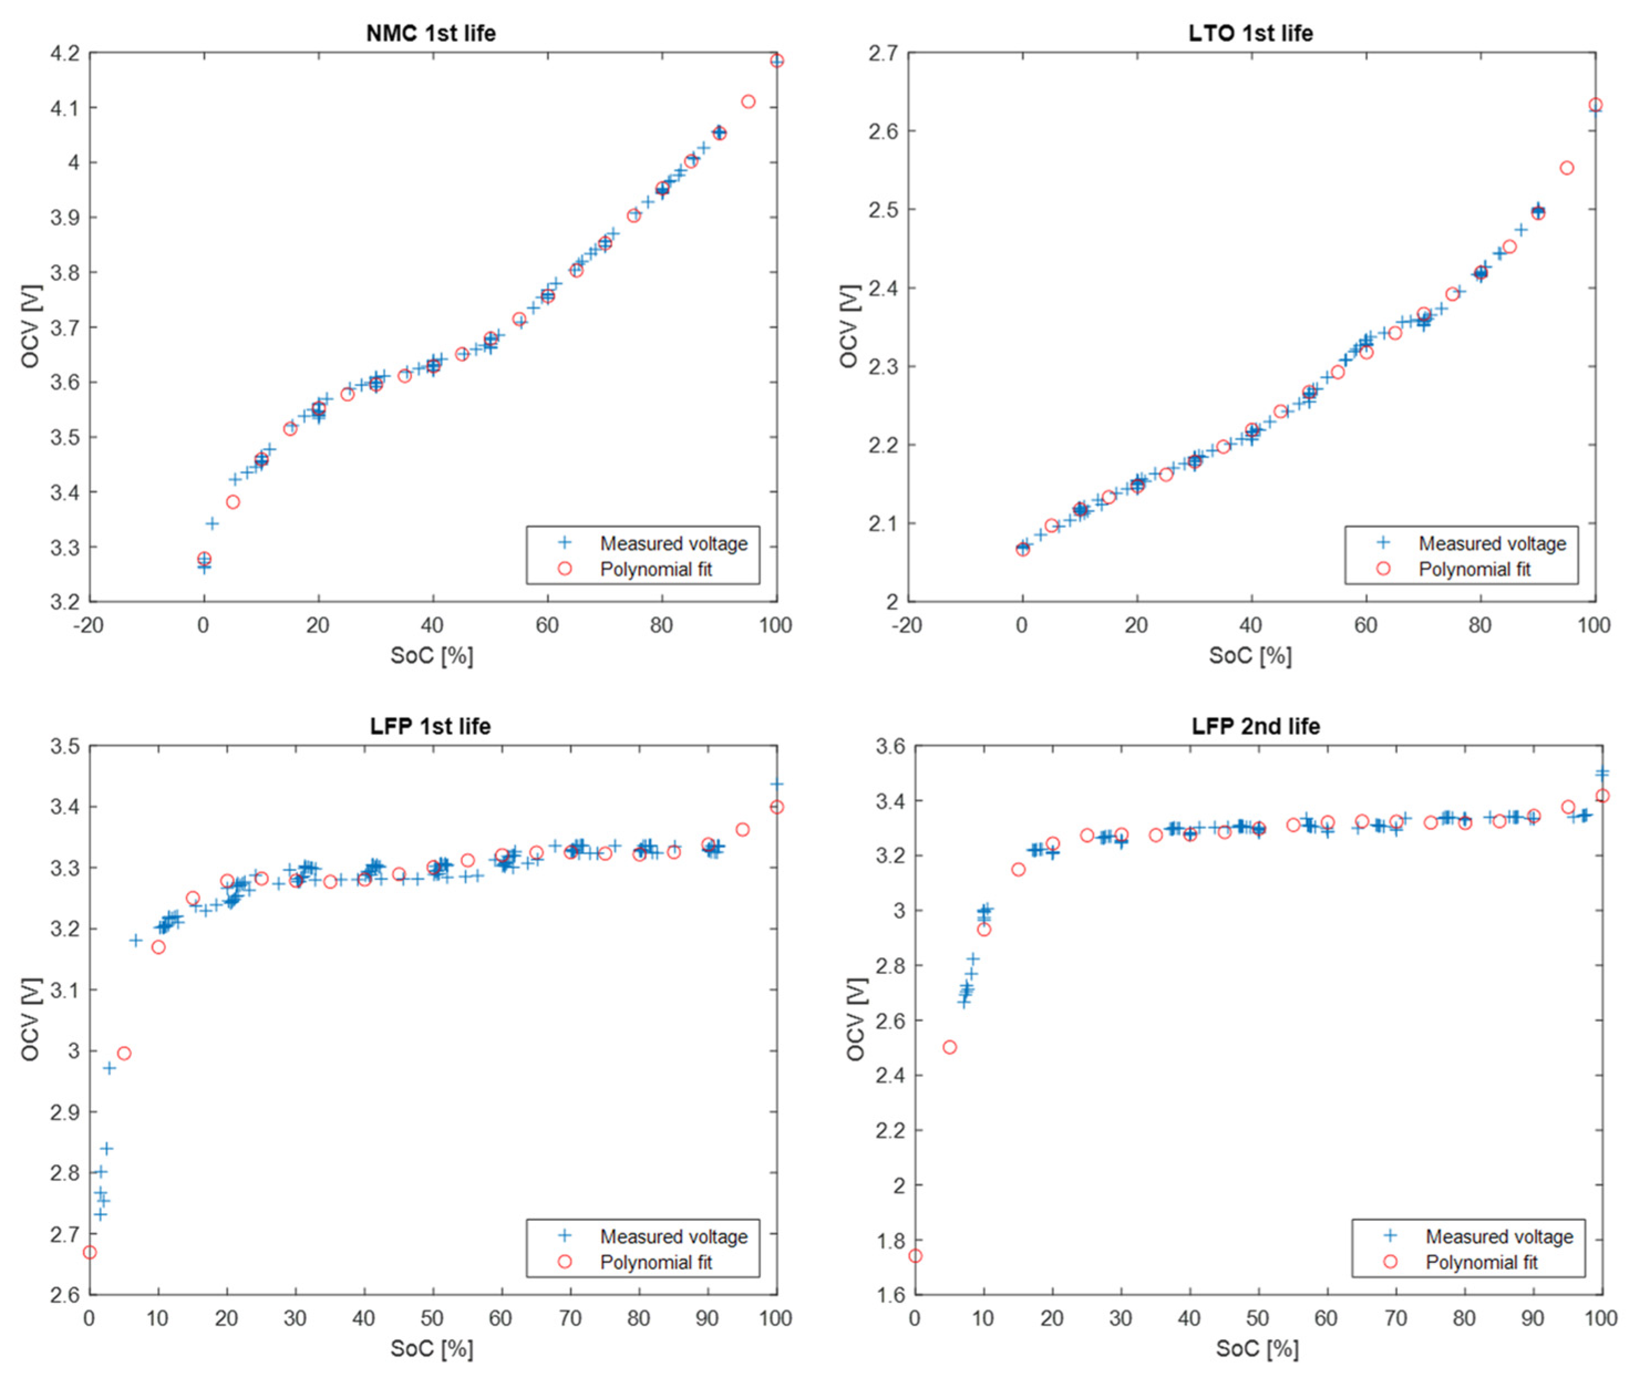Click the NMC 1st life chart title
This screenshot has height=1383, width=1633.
tap(431, 33)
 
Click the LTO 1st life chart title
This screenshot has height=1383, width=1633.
tap(1250, 33)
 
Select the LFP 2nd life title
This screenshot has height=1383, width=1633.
tap(1255, 726)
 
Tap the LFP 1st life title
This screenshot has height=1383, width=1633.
tap(431, 726)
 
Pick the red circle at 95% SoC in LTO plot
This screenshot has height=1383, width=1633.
tap(1567, 168)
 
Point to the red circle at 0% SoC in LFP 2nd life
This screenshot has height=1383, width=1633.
tap(914, 1256)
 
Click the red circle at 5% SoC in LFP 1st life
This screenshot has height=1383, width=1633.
tap(124, 1054)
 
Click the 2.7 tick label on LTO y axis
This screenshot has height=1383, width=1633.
tap(883, 53)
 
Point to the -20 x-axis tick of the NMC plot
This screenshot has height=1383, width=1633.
tap(88, 625)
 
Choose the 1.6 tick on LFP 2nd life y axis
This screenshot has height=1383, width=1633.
tap(890, 1294)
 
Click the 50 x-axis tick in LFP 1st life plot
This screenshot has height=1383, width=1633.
tap(432, 1318)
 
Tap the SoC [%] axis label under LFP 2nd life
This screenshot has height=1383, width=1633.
tap(1257, 1349)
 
